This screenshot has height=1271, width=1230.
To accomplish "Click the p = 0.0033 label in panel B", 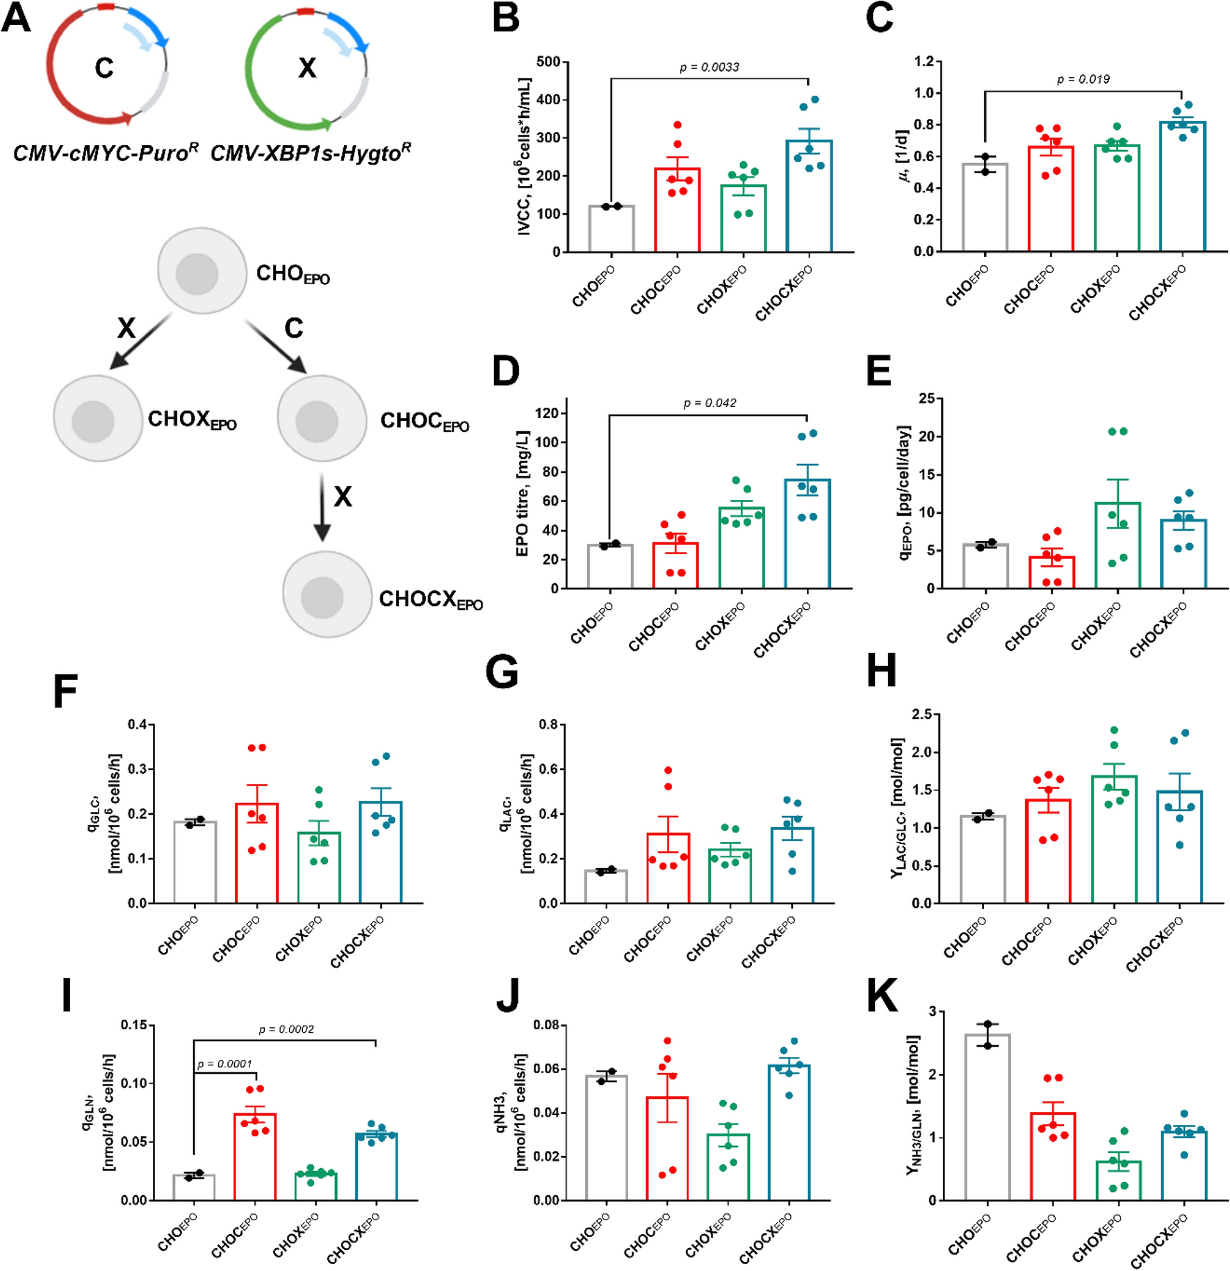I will (x=709, y=67).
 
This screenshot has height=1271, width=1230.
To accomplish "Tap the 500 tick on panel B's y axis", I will (x=548, y=62).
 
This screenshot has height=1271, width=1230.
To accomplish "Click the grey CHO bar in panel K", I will (x=987, y=1119).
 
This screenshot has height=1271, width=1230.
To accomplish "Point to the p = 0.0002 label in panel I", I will (x=286, y=1029).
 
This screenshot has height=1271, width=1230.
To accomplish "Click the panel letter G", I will (x=502, y=674).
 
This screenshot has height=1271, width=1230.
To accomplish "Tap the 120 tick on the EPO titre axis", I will (x=547, y=413).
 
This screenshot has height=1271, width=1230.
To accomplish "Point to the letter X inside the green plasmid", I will (x=307, y=68).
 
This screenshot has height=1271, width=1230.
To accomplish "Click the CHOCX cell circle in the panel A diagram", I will (x=327, y=595).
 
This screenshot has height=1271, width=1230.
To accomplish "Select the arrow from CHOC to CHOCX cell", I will (x=322, y=508).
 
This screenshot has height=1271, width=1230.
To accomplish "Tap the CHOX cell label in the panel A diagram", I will (x=192, y=420).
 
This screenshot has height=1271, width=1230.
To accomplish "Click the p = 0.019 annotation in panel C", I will (x=1083, y=80).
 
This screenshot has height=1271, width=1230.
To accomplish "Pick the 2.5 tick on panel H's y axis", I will (x=921, y=714).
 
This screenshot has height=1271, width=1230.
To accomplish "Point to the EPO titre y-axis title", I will (x=523, y=493).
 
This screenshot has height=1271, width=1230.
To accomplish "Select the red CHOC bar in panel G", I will (x=668, y=868).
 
